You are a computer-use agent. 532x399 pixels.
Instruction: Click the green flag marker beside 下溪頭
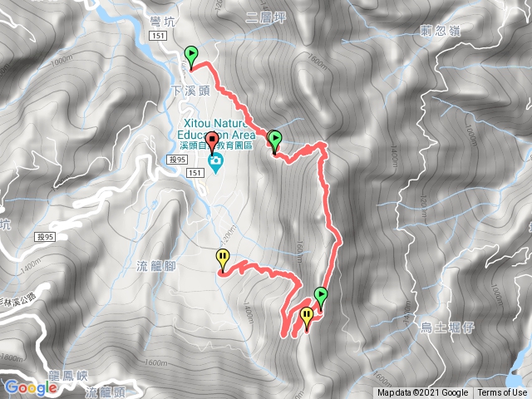point(191,56)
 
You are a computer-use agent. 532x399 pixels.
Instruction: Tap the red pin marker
point(212,140)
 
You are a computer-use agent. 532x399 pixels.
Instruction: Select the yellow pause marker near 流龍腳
point(223,258)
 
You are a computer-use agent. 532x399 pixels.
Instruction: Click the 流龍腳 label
point(154,266)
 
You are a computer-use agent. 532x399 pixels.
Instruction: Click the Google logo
point(31,387)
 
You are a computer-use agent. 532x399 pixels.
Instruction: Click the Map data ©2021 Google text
point(422,393)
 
